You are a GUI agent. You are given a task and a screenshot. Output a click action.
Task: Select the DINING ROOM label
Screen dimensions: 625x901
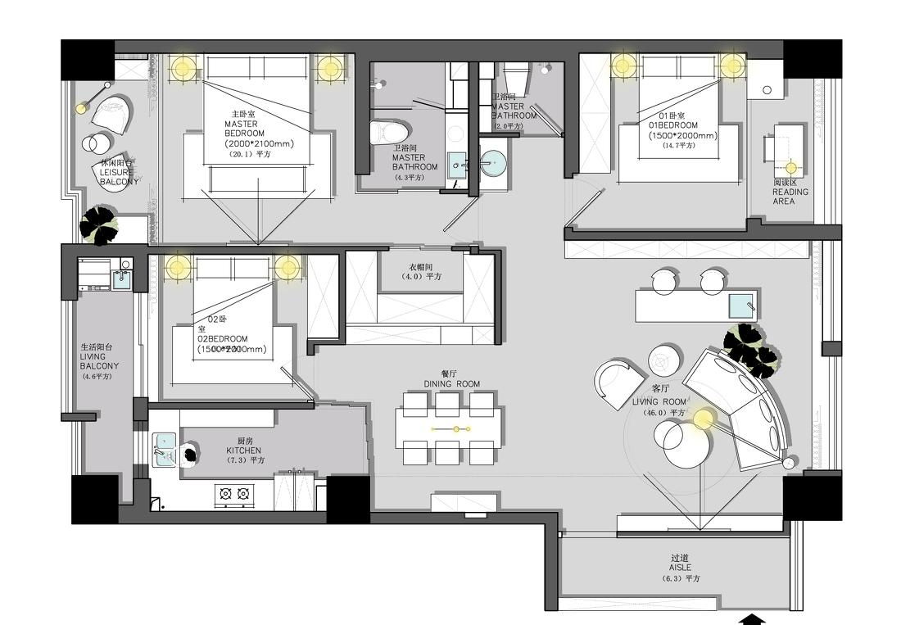(451, 383)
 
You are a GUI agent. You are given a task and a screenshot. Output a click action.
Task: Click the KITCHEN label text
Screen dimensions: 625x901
(244, 451)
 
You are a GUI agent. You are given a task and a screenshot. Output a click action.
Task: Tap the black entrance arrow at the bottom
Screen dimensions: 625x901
(752, 619)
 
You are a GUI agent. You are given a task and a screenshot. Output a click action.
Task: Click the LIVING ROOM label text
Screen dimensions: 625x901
(659, 402)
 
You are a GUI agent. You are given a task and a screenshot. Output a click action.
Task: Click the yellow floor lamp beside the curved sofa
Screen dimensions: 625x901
(703, 419)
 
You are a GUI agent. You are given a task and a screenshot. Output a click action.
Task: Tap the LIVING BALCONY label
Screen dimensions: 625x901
(98, 361)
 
